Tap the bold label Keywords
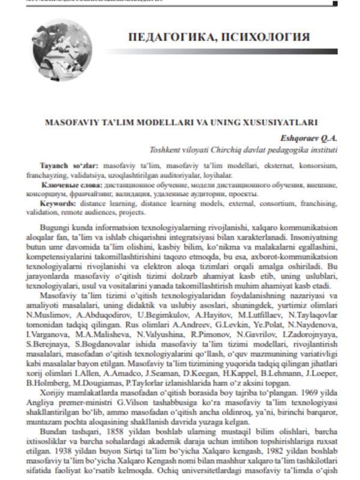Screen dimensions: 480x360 tap(58, 205)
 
